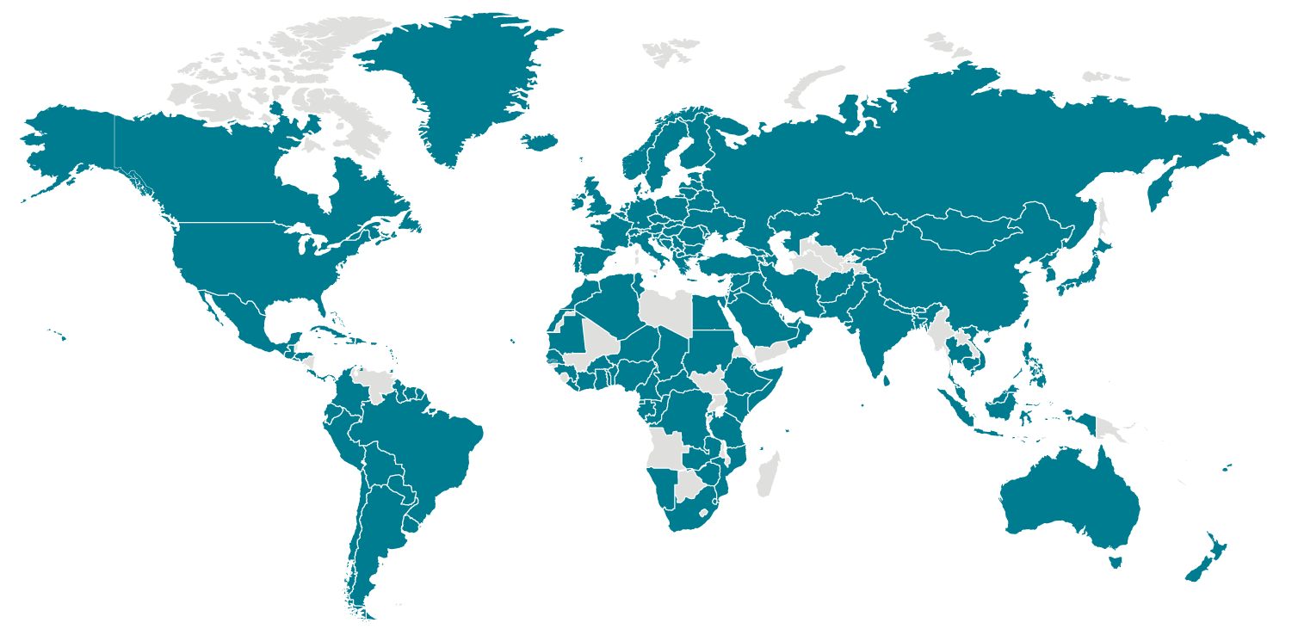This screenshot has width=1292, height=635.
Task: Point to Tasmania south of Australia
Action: coord(1116,562)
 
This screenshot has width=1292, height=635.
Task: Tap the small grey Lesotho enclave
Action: coord(705,513)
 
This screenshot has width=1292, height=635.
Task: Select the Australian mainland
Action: coord(1072,499)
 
